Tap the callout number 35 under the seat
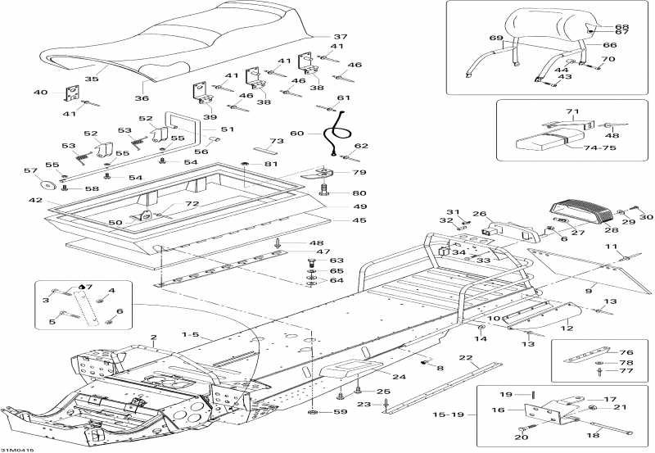point(92,79)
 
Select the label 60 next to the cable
point(296,134)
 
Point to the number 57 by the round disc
point(31,171)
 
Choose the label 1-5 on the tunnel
point(191,335)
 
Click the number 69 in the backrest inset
point(495,39)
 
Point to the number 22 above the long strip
point(465,358)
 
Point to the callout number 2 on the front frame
point(152,337)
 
